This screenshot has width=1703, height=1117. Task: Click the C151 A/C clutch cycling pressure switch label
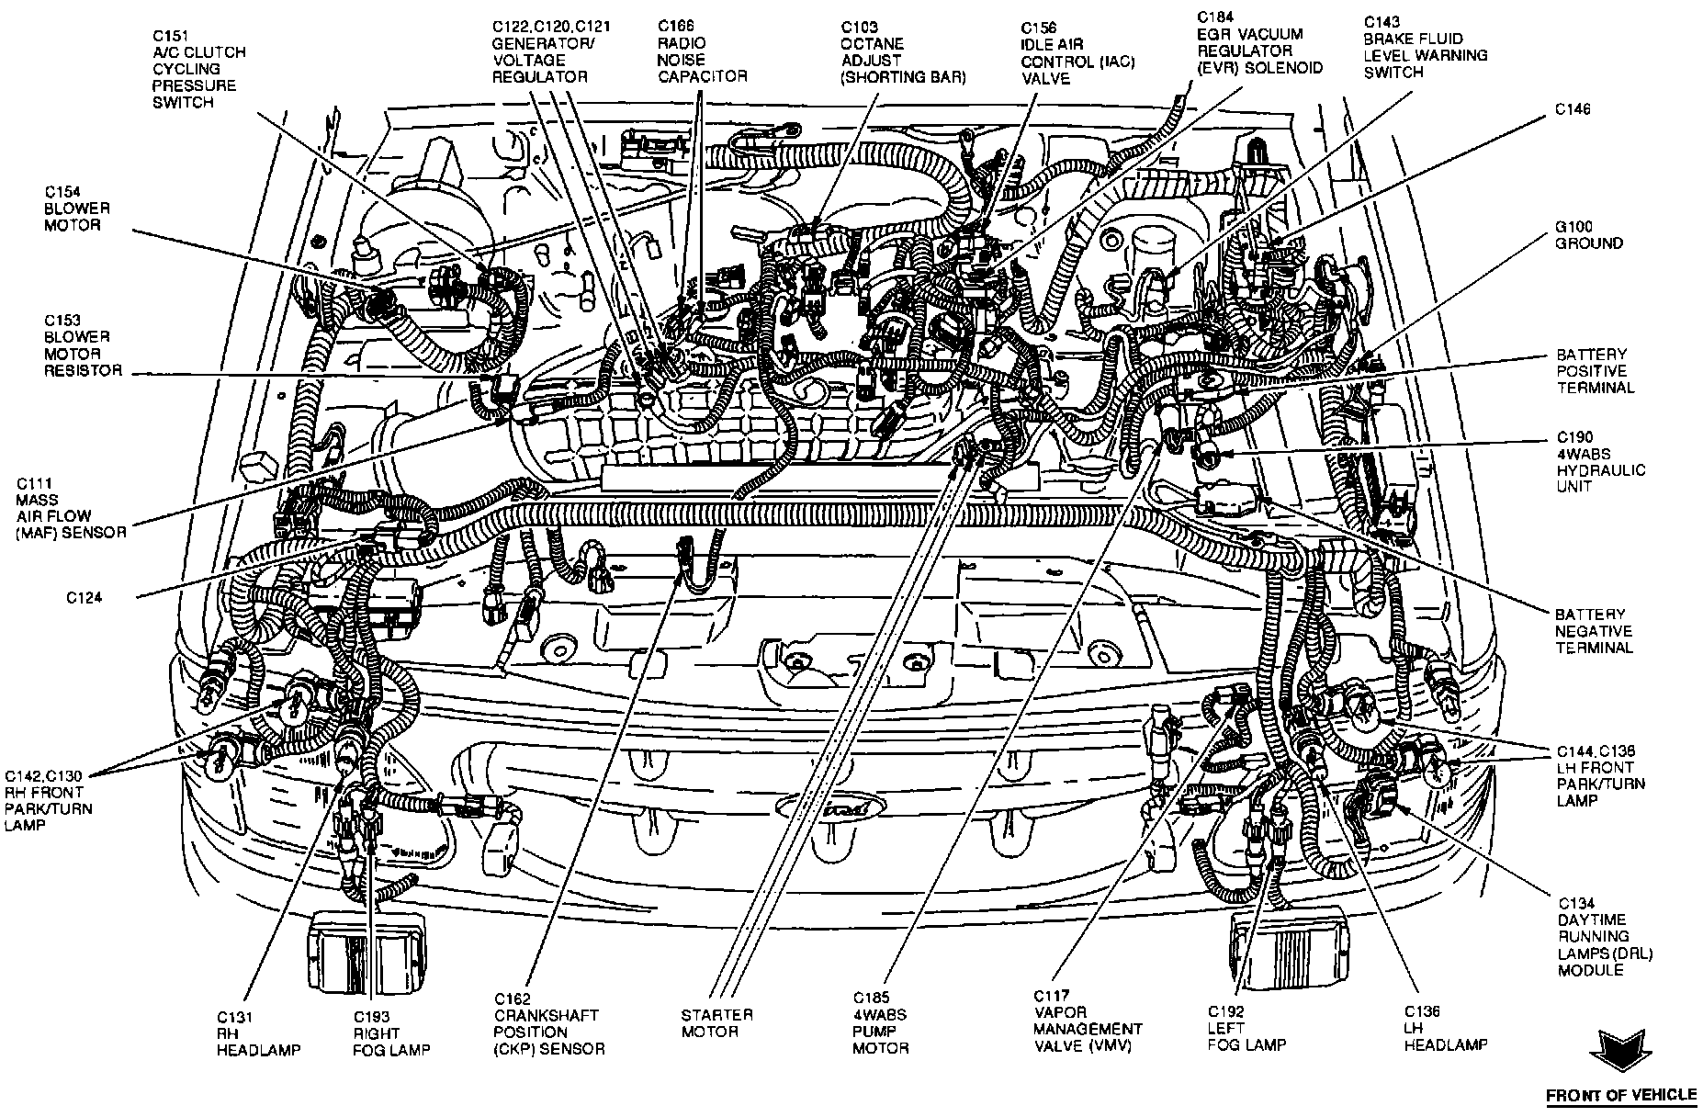pyautogui.click(x=198, y=69)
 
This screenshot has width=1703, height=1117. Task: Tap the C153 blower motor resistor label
pyautogui.click(x=83, y=345)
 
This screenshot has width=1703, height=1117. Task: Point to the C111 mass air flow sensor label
pyautogui.click(x=70, y=508)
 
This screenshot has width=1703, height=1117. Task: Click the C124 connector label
pyautogui.click(x=85, y=597)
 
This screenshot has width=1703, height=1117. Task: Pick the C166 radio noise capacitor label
pyautogui.click(x=703, y=51)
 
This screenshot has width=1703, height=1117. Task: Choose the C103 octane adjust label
pyautogui.click(x=903, y=52)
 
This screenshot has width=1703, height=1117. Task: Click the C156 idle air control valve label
pyautogui.click(x=1077, y=52)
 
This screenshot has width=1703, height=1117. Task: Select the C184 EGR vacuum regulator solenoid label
pyautogui.click(x=1259, y=43)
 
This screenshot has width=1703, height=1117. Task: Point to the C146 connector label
pyautogui.click(x=1573, y=109)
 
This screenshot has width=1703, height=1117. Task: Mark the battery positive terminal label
pyautogui.click(x=1595, y=370)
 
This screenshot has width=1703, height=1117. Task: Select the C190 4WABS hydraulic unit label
pyautogui.click(x=1600, y=461)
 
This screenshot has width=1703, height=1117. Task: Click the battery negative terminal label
pyautogui.click(x=1593, y=631)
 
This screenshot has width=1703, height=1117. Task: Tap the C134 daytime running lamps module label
pyautogui.click(x=1604, y=936)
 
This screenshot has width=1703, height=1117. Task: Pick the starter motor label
pyautogui.click(x=716, y=1022)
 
